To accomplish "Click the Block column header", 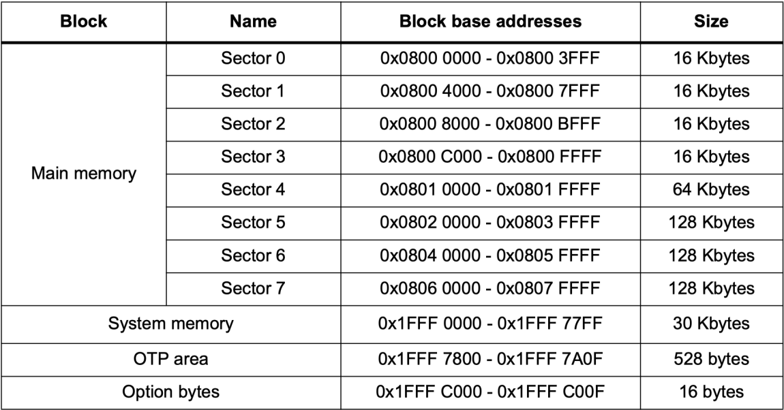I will pos(83,22).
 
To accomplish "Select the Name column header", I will pos(253,22).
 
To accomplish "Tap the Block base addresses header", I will pos(489,22).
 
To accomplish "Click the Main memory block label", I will pos(83,173).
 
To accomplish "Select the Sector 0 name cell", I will pos(253,59).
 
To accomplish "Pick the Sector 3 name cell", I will pos(253,157).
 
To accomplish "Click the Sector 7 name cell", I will pos(253,288).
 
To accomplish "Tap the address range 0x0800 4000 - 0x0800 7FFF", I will pos(489,91).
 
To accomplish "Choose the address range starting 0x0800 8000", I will pos(489,124).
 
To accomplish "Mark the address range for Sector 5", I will pos(489,223).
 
